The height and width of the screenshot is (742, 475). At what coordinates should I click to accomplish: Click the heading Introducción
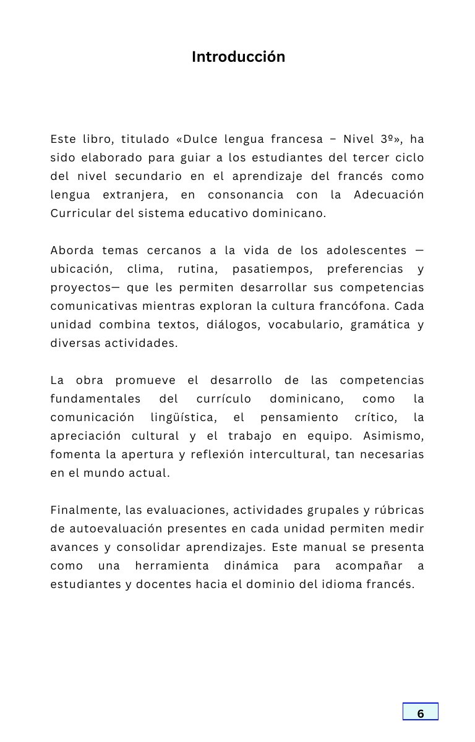[238, 57]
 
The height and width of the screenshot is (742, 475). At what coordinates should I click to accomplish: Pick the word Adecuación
[388, 195]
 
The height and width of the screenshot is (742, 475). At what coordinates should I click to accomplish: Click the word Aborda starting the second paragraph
[72, 250]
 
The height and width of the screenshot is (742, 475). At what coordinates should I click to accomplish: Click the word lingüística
[183, 417]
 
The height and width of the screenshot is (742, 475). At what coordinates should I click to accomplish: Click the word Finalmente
[84, 510]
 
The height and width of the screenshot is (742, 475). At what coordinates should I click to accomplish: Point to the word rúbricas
[398, 510]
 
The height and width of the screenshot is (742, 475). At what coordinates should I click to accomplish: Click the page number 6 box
[421, 712]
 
